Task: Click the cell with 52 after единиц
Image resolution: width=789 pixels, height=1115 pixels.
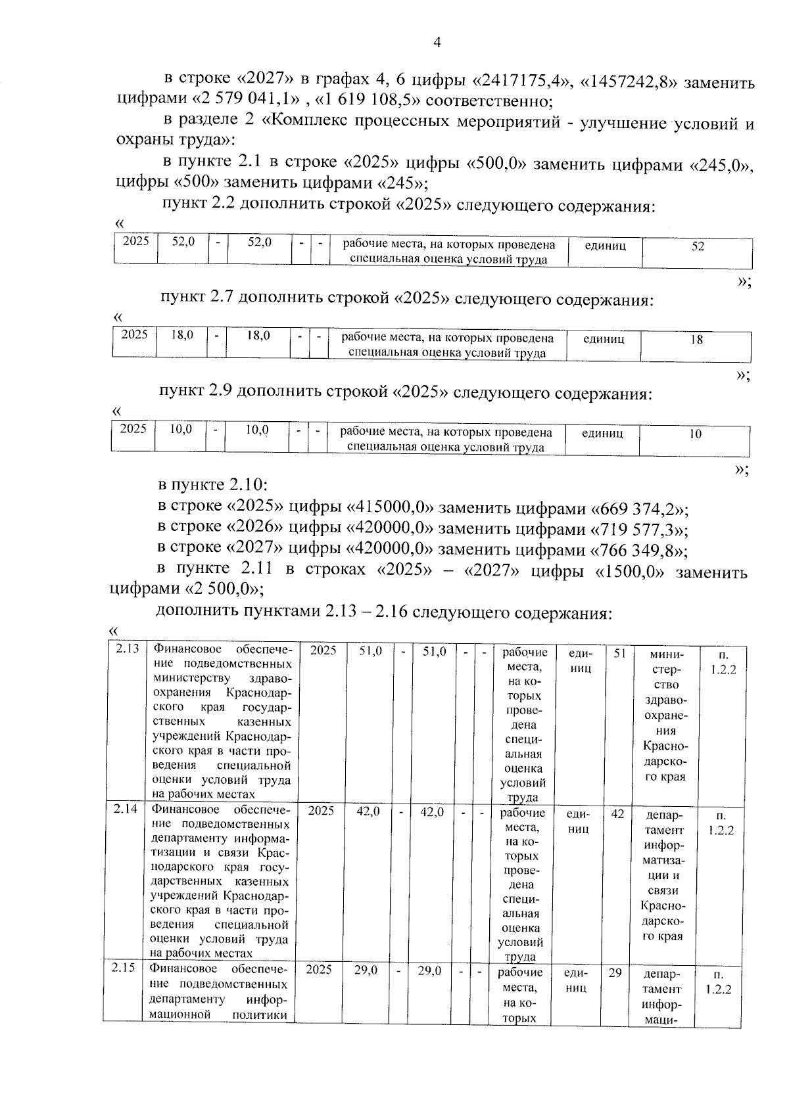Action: click(698, 246)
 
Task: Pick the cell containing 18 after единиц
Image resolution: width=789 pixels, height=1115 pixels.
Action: click(696, 340)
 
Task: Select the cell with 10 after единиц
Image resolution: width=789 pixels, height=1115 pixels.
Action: click(695, 434)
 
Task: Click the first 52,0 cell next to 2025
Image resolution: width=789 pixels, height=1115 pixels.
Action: click(183, 242)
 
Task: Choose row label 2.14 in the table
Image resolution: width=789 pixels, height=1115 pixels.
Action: click(125, 809)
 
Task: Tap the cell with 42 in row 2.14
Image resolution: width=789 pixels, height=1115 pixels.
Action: click(617, 813)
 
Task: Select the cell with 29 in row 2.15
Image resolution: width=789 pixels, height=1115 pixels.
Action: click(615, 972)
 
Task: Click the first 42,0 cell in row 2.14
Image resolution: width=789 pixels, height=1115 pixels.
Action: click(368, 811)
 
